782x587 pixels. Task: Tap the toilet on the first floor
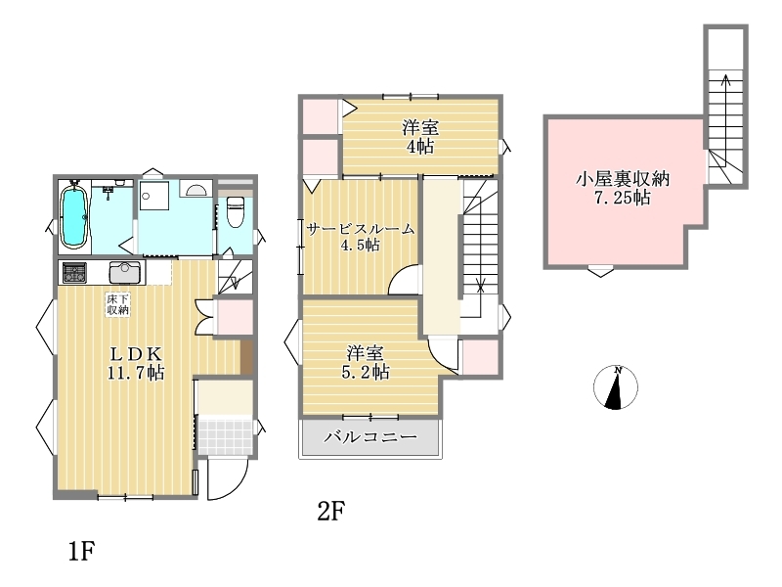(235, 211)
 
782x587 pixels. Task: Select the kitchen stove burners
(74, 273)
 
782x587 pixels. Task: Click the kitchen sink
(125, 273)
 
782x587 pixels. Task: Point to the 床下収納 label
(117, 304)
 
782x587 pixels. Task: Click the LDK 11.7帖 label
(136, 363)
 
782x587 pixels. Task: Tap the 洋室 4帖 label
(420, 137)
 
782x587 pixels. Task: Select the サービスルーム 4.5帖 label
(360, 237)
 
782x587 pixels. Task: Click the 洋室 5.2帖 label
(366, 362)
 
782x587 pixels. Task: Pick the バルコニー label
(370, 437)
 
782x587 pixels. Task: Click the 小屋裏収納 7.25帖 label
(622, 188)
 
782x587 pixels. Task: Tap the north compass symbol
(616, 387)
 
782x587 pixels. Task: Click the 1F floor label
(81, 551)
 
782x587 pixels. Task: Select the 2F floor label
(330, 511)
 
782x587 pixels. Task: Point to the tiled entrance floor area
(225, 435)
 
